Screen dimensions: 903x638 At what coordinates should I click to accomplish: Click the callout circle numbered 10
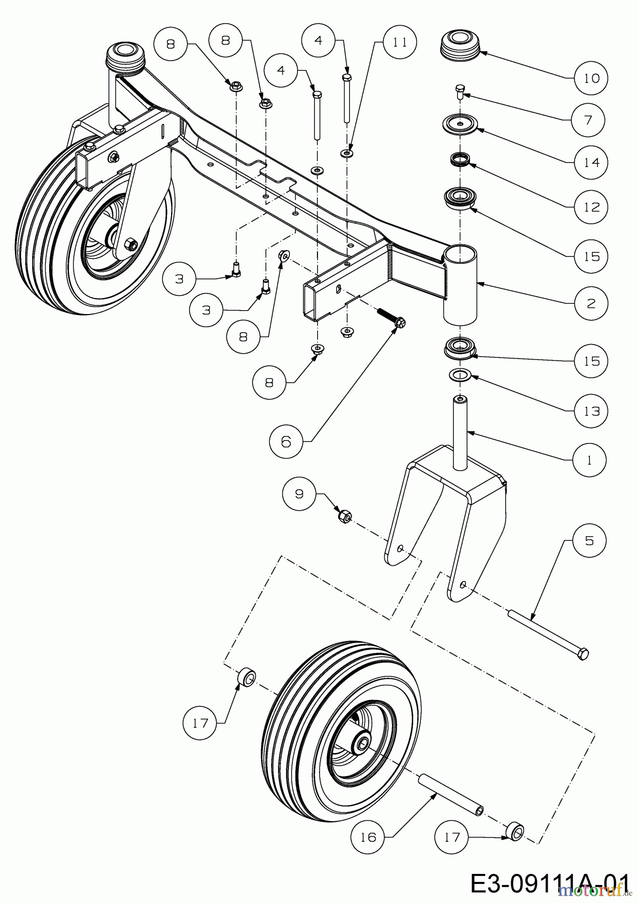[591, 78]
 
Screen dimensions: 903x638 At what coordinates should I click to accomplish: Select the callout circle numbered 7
[588, 119]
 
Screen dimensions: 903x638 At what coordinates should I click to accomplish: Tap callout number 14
[592, 162]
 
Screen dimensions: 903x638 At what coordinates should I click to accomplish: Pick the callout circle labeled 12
[592, 207]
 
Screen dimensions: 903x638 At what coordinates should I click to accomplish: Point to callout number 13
[592, 411]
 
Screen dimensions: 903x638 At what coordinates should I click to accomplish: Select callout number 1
[589, 460]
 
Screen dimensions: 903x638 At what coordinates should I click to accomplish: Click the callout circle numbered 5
[589, 540]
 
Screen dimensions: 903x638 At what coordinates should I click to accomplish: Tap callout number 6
[286, 441]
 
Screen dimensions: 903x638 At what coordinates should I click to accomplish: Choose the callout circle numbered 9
[299, 494]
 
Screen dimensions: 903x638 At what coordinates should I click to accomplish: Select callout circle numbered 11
[400, 42]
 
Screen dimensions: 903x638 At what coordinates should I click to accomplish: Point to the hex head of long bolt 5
[583, 654]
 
